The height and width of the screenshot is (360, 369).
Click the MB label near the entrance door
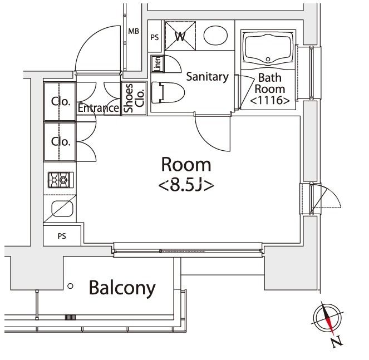coord(134,31)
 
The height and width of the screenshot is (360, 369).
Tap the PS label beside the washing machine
coord(155,37)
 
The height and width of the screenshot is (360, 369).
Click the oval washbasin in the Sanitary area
coord(215,37)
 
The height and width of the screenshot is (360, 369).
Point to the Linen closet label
coord(156,64)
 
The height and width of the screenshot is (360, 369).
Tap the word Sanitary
coord(207,77)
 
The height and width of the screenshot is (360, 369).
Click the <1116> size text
coord(269,100)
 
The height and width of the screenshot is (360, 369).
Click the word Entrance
coord(99,108)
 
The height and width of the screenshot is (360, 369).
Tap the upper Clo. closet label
coord(60,101)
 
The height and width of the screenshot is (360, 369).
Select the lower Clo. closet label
coord(60,141)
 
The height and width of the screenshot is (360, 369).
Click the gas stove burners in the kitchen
coord(61,179)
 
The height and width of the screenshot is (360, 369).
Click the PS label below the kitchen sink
coord(62,236)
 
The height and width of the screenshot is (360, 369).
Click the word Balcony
coord(122,288)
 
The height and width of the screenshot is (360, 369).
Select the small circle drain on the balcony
coord(70,286)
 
